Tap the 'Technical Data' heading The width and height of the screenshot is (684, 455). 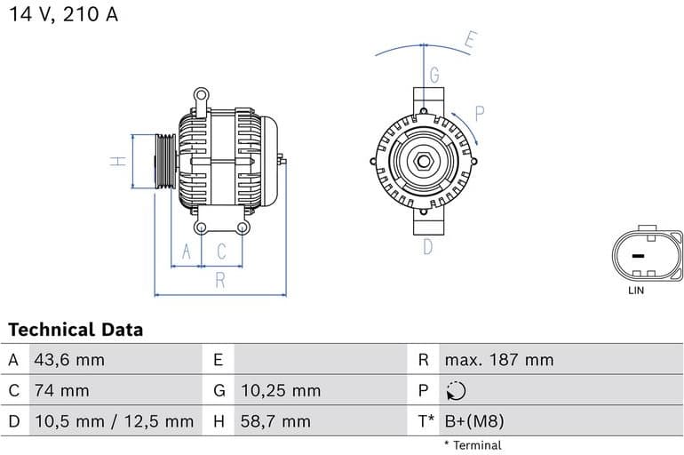coord(76,330)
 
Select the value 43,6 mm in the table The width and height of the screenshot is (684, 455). coord(68,360)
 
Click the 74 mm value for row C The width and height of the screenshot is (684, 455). coord(61,390)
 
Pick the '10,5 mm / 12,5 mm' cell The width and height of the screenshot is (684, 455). coord(113,421)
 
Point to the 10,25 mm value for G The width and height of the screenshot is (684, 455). coord(280,390)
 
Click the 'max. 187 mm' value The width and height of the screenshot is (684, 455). coord(498,360)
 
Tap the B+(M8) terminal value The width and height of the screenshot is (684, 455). coord(473,421)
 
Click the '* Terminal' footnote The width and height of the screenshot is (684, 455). coord(473,445)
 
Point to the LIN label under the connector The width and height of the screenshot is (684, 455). coord(636,291)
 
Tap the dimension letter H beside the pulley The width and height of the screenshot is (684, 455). coord(115,162)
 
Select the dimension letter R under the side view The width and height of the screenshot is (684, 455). coord(220,281)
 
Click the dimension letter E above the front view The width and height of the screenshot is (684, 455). coord(471,40)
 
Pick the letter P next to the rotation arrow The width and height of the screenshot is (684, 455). coord(480,113)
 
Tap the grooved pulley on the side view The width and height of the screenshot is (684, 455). coord(164,162)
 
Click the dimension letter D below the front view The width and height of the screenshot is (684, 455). coord(427,247)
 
